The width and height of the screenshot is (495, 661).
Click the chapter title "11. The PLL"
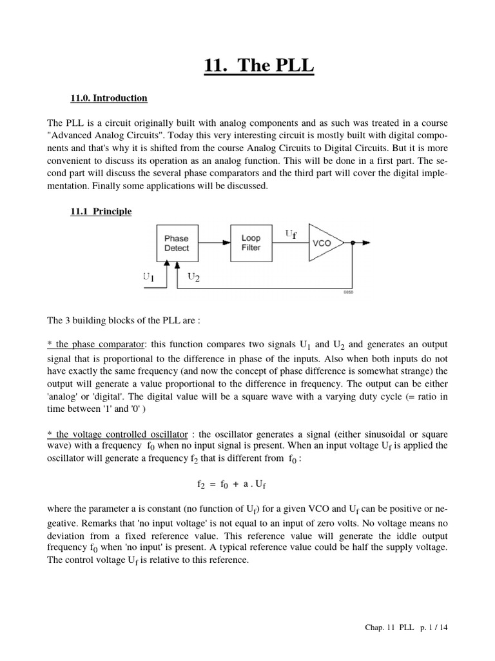259,66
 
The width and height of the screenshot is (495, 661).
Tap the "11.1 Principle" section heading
101,211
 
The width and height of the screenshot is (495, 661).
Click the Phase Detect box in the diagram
177,243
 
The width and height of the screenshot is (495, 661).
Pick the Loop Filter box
251,243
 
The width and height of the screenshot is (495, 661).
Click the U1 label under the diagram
149,277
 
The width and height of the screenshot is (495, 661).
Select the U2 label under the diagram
194,277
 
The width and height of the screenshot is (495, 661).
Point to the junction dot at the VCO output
352,243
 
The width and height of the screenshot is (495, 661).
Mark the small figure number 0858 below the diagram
348,292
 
